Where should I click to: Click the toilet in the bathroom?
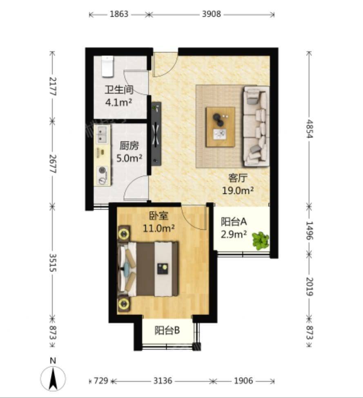[x=107, y=66]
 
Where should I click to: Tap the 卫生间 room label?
[x=119, y=90]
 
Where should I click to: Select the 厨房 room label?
[x=129, y=146]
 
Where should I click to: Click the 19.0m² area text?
[x=238, y=190]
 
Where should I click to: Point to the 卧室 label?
[x=158, y=216]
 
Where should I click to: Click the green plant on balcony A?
[x=260, y=240]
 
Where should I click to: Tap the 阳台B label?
[x=167, y=330]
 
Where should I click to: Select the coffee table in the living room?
[x=220, y=127]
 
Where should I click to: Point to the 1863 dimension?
[x=119, y=14]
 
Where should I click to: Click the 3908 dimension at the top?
[x=212, y=14]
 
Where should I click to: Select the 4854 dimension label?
[x=310, y=128]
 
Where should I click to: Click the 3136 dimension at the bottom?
[x=163, y=381]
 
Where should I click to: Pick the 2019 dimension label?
[x=310, y=286]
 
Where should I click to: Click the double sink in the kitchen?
[x=102, y=134]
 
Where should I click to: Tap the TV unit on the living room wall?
[x=156, y=134]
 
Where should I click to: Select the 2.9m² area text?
[x=234, y=234]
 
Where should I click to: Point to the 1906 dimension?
[x=243, y=381]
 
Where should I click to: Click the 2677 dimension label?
[x=53, y=164]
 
